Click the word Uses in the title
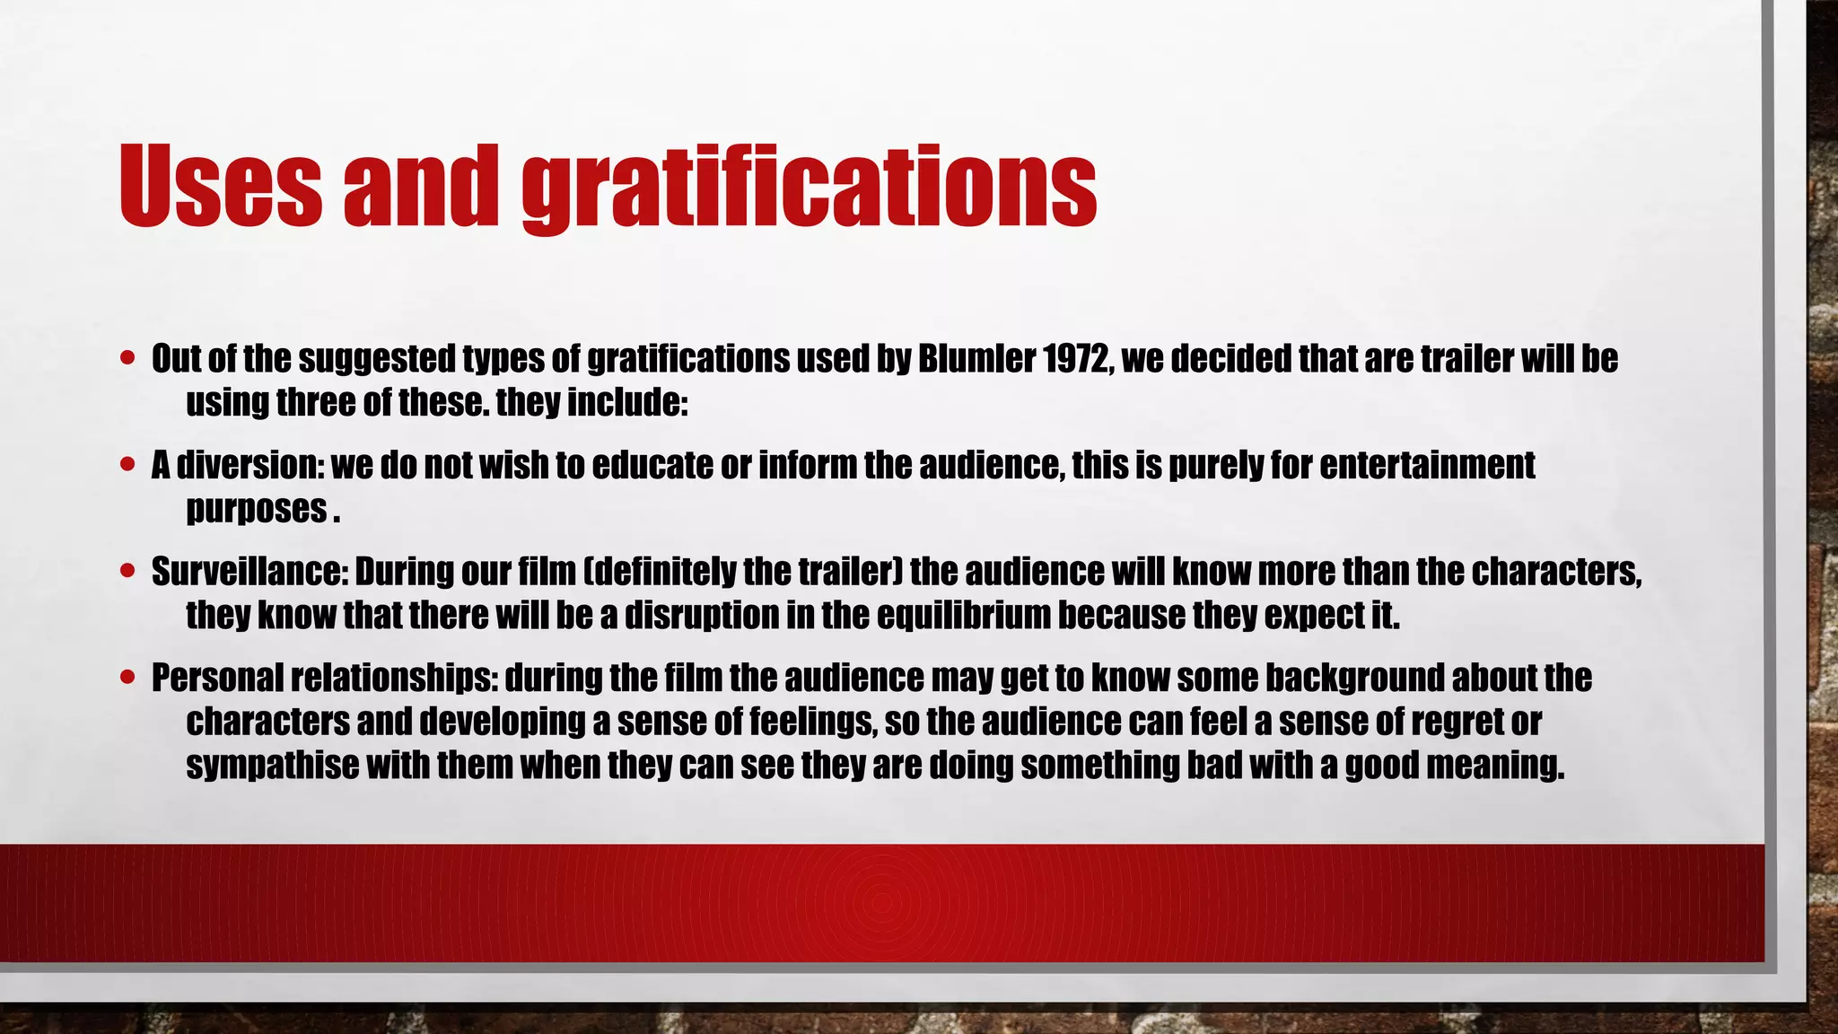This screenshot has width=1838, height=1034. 220,186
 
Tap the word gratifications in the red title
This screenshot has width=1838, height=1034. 809,188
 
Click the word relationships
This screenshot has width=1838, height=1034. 394,678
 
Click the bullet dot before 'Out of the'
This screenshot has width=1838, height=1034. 127,358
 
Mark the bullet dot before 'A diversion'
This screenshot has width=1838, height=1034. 127,465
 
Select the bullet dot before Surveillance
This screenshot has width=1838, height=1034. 127,571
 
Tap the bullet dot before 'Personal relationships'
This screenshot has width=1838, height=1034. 127,677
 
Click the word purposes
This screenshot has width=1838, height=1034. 256,510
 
